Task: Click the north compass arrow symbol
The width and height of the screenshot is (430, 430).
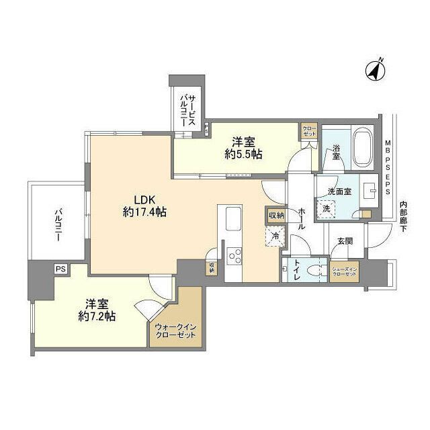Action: click(x=374, y=69)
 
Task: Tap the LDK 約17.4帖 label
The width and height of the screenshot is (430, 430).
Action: click(x=144, y=206)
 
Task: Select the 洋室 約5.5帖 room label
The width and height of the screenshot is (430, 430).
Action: click(x=243, y=147)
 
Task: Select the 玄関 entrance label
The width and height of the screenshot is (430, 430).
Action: click(x=345, y=241)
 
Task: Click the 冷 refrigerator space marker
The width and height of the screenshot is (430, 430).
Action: click(x=276, y=236)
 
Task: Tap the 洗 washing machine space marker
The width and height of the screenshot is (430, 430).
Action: click(x=327, y=208)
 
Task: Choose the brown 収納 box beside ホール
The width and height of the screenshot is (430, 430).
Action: click(x=275, y=216)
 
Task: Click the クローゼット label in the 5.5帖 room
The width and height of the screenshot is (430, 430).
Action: click(x=309, y=131)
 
